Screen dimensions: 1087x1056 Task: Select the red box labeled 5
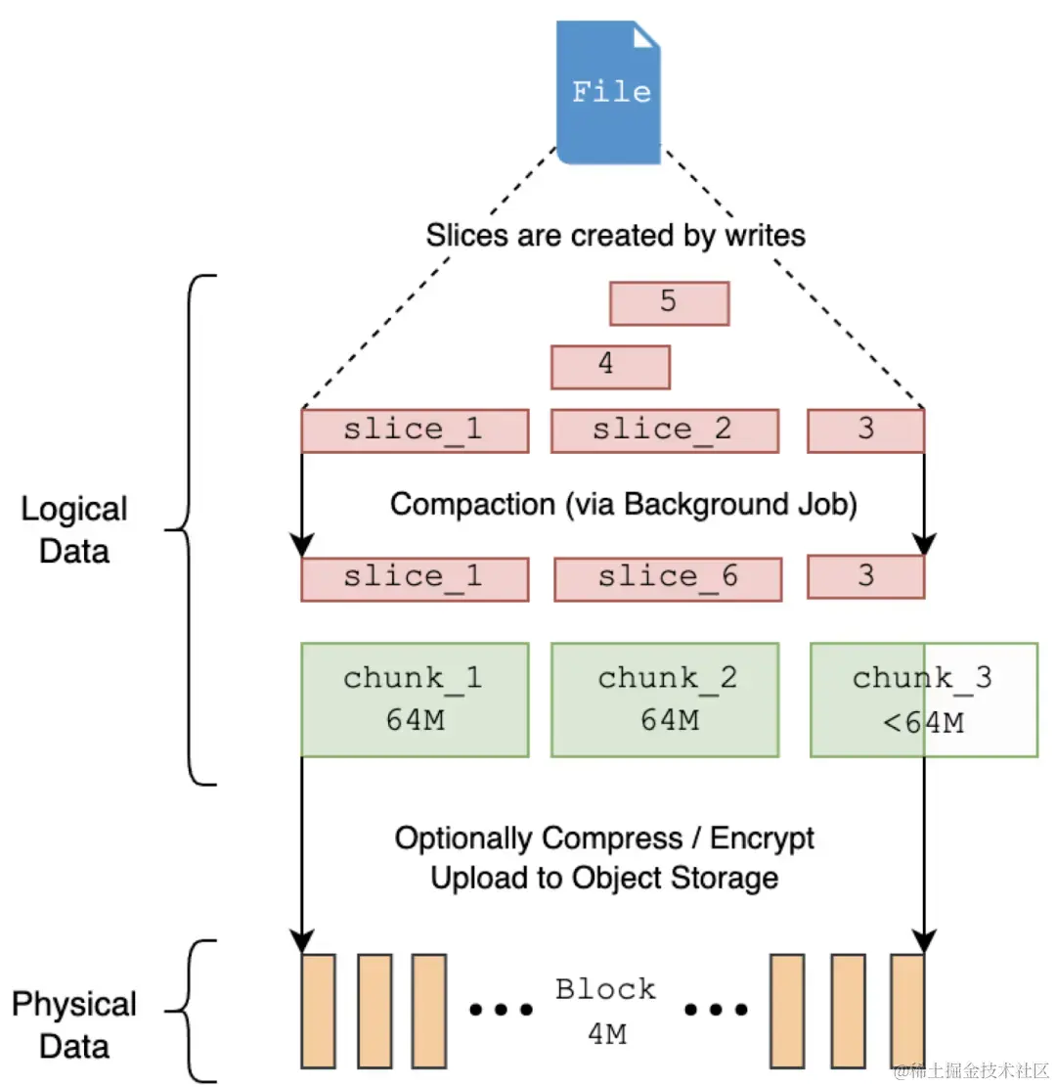pyautogui.click(x=669, y=302)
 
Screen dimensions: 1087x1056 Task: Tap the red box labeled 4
pyautogui.click(x=610, y=366)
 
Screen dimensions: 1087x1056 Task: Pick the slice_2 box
pyautogui.click(x=665, y=430)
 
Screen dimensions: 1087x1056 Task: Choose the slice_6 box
pyautogui.click(x=667, y=577)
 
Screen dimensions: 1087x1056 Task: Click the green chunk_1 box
pyautogui.click(x=415, y=700)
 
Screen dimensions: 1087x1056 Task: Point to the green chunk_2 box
pyautogui.click(x=665, y=700)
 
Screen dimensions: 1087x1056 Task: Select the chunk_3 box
pyautogui.click(x=923, y=700)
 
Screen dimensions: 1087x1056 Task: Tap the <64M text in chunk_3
pyautogui.click(x=921, y=724)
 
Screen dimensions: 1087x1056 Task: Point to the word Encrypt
pyautogui.click(x=762, y=838)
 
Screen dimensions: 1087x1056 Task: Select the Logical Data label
pyautogui.click(x=74, y=529)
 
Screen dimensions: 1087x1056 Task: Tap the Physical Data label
pyautogui.click(x=74, y=1025)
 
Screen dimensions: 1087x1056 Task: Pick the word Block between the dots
pyautogui.click(x=605, y=989)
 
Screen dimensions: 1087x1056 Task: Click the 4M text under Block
pyautogui.click(x=605, y=1033)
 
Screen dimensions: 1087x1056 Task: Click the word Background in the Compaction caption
pyautogui.click(x=704, y=505)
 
